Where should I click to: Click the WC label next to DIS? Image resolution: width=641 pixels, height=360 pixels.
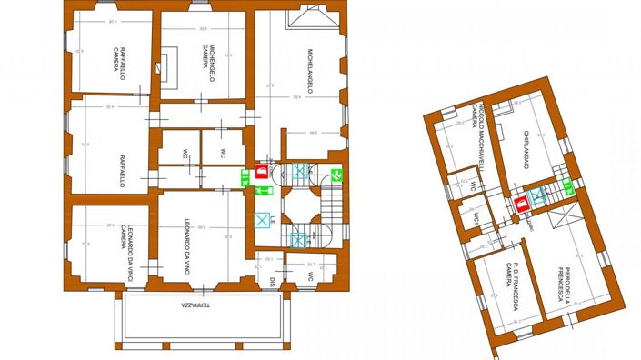point(310,275)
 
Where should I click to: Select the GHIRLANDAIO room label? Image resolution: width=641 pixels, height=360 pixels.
point(526,147)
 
